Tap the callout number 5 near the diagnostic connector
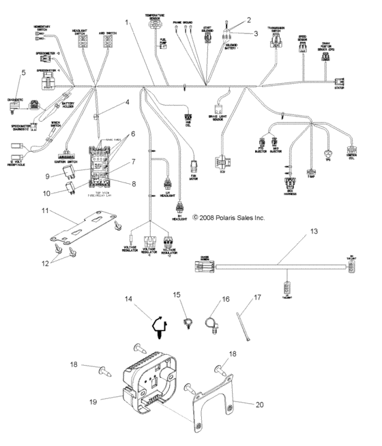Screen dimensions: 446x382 coord(24,71)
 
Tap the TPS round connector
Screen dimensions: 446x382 coord(329,153)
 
